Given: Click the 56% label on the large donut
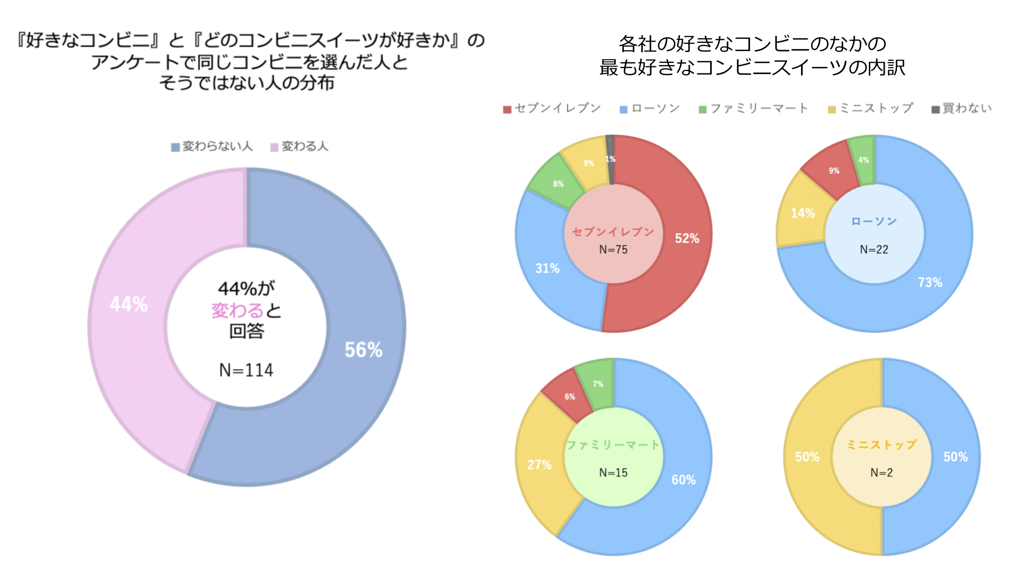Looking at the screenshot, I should click(363, 350).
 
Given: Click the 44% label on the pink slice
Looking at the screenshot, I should click(129, 305).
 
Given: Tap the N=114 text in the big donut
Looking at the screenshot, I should click(246, 370).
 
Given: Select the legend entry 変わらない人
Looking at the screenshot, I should click(212, 146).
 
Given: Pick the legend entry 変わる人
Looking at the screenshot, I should click(300, 146).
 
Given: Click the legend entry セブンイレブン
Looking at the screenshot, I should click(552, 108).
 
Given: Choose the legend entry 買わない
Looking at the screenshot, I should click(962, 108).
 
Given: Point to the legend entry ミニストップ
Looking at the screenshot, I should click(871, 108).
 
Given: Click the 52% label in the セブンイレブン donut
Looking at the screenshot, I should click(687, 238).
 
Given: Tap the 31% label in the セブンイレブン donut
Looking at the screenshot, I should click(547, 268).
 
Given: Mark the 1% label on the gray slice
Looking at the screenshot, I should click(610, 159).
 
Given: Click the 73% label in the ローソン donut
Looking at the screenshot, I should click(930, 283).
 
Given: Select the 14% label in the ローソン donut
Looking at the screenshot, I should click(803, 213).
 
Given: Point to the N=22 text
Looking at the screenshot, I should click(874, 249).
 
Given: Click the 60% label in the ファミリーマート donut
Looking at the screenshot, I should click(683, 480).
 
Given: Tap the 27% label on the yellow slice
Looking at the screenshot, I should click(539, 465).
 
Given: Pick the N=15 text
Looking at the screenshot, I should click(613, 472).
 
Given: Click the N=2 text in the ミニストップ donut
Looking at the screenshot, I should click(882, 472).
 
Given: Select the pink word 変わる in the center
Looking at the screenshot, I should click(237, 310).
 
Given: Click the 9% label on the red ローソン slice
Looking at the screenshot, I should click(834, 171).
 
